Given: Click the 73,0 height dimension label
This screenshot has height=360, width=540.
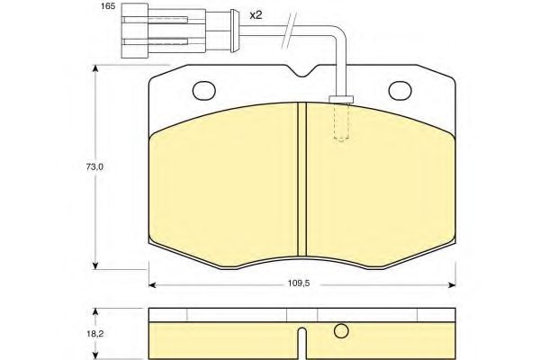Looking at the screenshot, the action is click(94, 167).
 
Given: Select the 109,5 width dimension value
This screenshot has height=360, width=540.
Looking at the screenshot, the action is click(299, 283).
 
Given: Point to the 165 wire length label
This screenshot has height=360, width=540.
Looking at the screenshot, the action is click(108, 6).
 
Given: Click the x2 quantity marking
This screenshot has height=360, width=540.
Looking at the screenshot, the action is click(256, 15).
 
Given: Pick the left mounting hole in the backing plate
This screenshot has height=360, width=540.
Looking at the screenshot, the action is click(204, 91).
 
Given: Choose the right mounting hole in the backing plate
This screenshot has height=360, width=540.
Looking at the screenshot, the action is click(400, 91).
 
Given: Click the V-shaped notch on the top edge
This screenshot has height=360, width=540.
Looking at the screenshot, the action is click(302, 71).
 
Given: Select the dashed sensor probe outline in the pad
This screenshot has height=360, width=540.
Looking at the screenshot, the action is click(341, 122).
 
